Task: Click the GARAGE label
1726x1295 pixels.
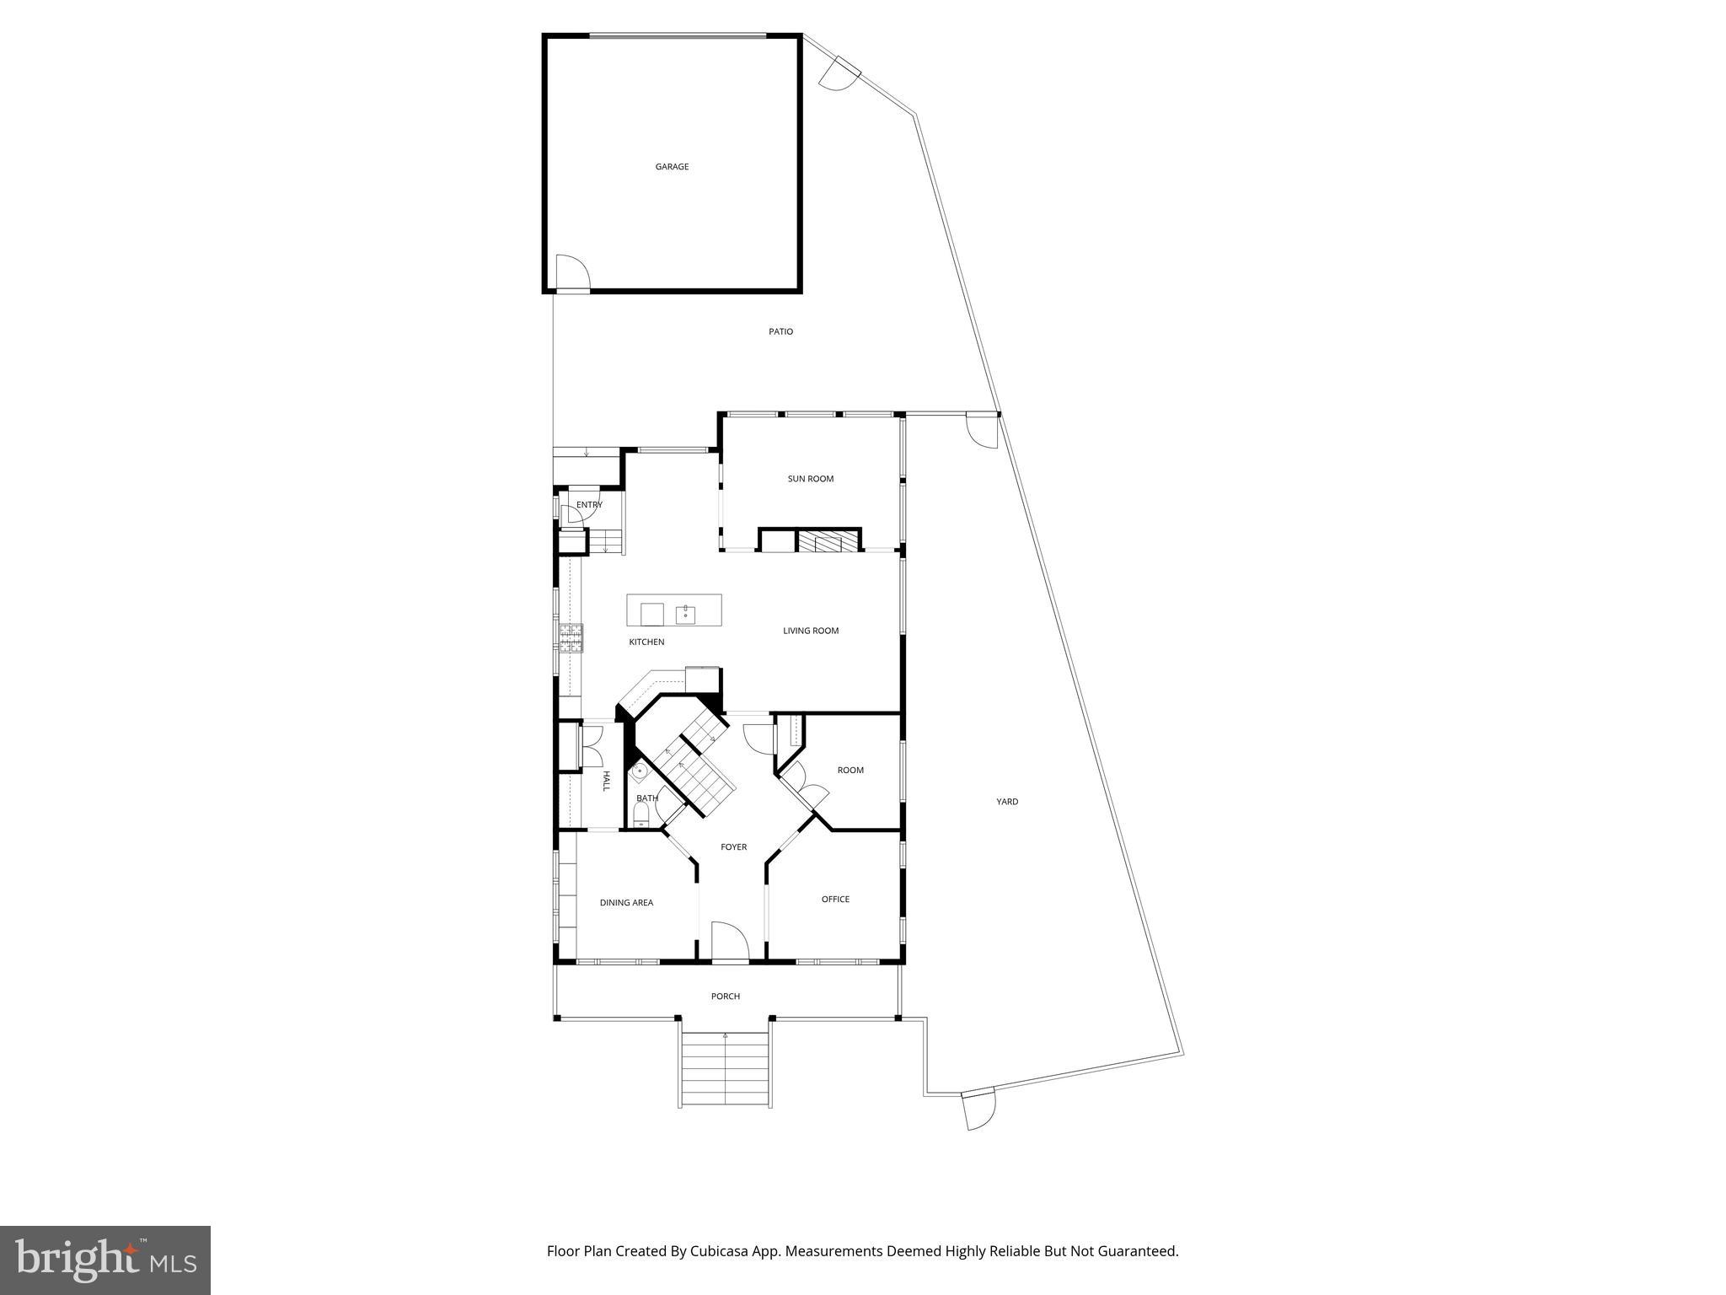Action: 672,167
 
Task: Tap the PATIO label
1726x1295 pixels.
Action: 780,331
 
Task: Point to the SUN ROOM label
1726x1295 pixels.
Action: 810,479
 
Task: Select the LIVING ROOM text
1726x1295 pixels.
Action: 810,631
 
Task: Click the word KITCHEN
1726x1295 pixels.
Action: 646,642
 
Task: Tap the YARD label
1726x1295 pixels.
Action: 1007,802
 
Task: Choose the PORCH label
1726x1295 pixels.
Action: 725,997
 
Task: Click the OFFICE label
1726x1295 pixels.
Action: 835,899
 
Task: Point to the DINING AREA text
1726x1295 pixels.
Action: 626,903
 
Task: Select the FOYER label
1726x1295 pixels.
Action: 733,847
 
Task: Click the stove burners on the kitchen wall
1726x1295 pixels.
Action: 570,637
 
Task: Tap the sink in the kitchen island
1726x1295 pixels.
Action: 685,614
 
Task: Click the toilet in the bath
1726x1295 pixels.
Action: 641,814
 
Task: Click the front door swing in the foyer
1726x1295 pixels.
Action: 730,941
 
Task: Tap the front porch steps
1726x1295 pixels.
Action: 725,1070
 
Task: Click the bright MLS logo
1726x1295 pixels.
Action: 105,1260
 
